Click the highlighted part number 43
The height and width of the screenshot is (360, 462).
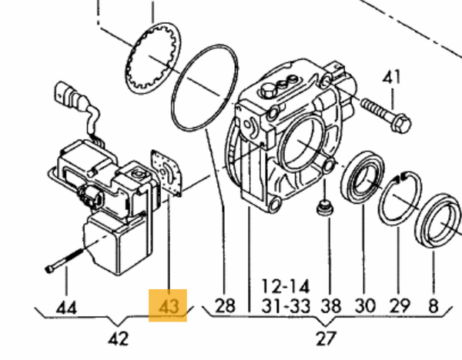[169, 306]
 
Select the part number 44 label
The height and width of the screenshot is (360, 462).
[66, 308]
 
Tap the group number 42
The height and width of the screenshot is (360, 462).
[119, 338]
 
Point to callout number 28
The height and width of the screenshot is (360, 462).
[226, 305]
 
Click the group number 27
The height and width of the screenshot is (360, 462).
[326, 338]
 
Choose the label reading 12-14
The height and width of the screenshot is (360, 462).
[286, 286]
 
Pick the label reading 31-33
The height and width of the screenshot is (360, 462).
[286, 306]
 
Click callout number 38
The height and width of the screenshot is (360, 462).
[331, 306]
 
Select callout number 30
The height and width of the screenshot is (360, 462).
[365, 306]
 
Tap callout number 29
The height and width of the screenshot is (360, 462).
[400, 306]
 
